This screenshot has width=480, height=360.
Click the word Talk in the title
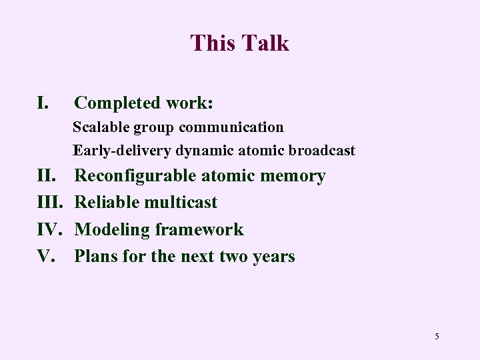tap(266, 43)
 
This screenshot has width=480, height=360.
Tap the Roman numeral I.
tap(42, 103)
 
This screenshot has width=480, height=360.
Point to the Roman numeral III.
tap(50, 203)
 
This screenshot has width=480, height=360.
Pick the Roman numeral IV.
tap(50, 229)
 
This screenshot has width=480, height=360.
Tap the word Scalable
tap(101, 127)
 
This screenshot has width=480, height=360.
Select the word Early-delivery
tap(123, 151)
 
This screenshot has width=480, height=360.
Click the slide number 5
tap(437, 336)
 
